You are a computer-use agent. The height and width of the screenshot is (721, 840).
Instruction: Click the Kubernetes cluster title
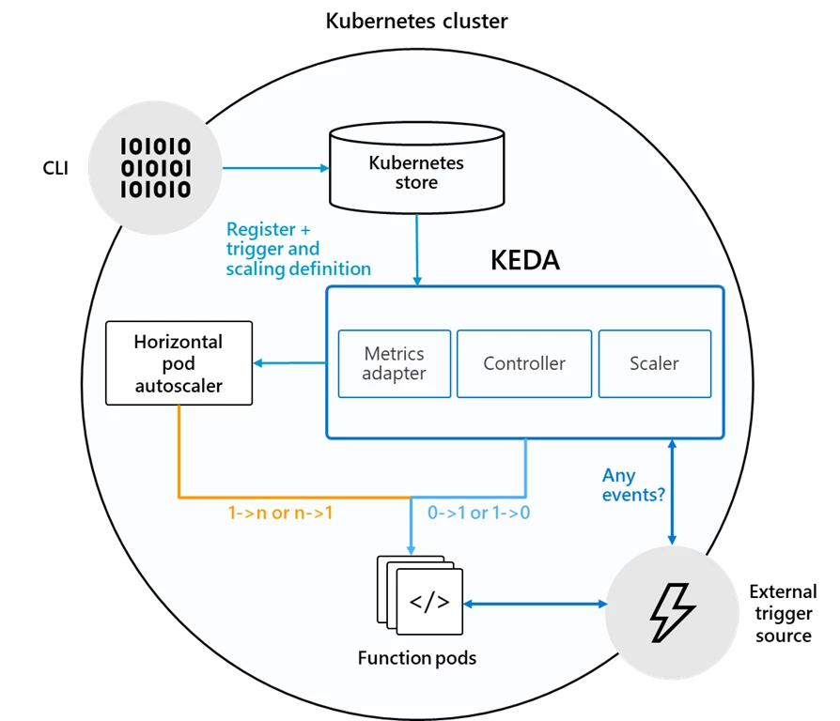416,21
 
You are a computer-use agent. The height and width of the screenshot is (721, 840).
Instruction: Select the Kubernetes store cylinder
417,168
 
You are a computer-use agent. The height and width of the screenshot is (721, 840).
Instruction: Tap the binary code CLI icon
155,168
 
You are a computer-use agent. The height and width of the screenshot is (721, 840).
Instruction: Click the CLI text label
55,168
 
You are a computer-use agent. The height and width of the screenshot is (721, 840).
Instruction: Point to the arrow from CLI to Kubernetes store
275,168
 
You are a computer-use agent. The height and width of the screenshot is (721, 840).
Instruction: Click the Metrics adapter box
395,363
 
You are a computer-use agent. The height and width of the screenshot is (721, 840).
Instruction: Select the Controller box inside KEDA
524,363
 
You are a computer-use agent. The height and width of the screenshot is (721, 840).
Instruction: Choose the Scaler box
655,363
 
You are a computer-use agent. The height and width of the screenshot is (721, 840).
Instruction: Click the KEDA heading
525,261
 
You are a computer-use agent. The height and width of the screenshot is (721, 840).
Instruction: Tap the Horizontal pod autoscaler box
179,363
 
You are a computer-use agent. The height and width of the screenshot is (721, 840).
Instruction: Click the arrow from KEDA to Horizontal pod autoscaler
289,363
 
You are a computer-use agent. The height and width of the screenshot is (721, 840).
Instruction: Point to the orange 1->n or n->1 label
280,513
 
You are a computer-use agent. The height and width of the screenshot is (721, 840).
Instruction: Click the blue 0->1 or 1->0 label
478,513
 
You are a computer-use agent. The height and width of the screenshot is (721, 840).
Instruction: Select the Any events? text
633,485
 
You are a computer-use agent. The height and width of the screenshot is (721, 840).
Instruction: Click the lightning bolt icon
673,612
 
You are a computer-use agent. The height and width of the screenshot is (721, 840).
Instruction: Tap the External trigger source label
784,613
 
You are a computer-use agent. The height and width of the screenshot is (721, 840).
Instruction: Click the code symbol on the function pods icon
429,602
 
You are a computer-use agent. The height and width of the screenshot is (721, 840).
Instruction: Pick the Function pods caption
417,658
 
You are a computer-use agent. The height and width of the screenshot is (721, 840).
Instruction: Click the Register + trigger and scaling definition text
299,249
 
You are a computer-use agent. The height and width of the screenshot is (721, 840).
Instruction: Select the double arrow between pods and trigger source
536,605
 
